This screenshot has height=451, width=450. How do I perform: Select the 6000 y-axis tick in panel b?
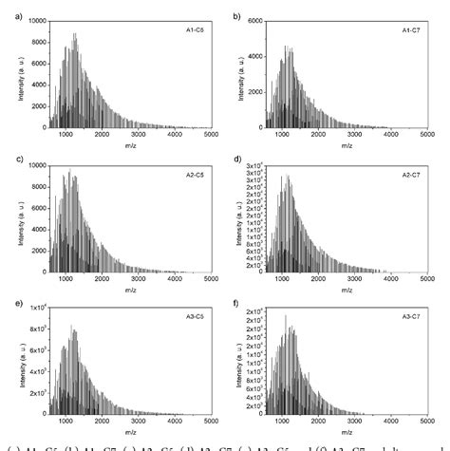tap(256, 20)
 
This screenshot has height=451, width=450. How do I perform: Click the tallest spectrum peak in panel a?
tap(74, 34)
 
